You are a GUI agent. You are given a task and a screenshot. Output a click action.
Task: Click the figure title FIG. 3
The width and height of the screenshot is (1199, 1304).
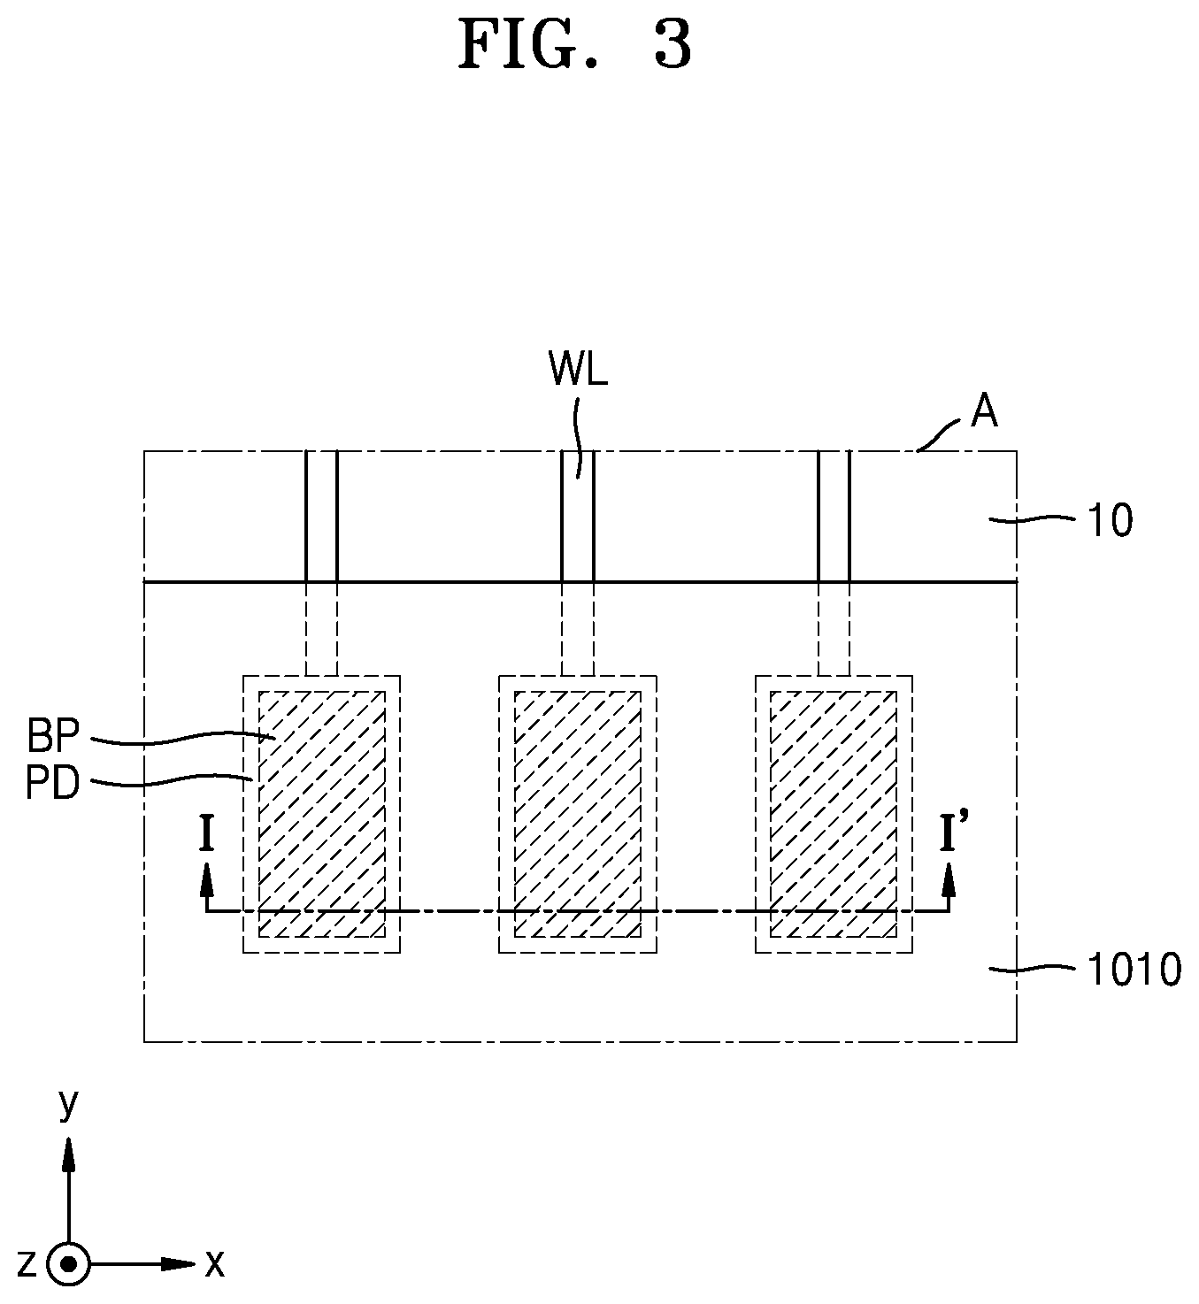click(575, 44)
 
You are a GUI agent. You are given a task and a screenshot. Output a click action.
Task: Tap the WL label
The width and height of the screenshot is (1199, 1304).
click(578, 369)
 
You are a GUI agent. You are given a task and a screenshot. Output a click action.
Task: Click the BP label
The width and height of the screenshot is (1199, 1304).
click(53, 736)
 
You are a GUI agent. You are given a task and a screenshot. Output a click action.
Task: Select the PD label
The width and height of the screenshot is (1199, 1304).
click(53, 783)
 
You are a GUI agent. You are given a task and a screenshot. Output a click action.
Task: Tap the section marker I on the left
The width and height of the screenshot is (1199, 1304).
click(207, 834)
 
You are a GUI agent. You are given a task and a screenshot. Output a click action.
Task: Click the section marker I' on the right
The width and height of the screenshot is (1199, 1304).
click(949, 833)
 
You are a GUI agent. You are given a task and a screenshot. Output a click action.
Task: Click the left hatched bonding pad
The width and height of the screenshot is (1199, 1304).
click(322, 814)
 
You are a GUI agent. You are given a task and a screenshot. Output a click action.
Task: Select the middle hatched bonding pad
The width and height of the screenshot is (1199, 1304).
click(578, 814)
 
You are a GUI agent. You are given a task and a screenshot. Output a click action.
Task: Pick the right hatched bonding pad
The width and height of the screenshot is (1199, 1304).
click(834, 814)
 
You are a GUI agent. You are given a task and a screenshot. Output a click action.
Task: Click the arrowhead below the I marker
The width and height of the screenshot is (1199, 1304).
click(207, 878)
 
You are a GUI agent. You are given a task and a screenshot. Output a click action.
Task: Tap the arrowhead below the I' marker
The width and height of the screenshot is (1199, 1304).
click(949, 878)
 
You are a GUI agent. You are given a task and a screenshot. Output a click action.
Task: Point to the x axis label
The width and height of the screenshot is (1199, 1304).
click(214, 1264)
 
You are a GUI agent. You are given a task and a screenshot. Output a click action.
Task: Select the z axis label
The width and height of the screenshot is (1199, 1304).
click(27, 1264)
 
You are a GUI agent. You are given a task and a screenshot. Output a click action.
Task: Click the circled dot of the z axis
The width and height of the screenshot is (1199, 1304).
click(68, 1264)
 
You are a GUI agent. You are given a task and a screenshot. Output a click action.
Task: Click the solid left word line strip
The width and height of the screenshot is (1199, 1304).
click(322, 516)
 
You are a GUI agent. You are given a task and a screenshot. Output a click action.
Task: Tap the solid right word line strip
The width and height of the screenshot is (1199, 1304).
click(834, 516)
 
